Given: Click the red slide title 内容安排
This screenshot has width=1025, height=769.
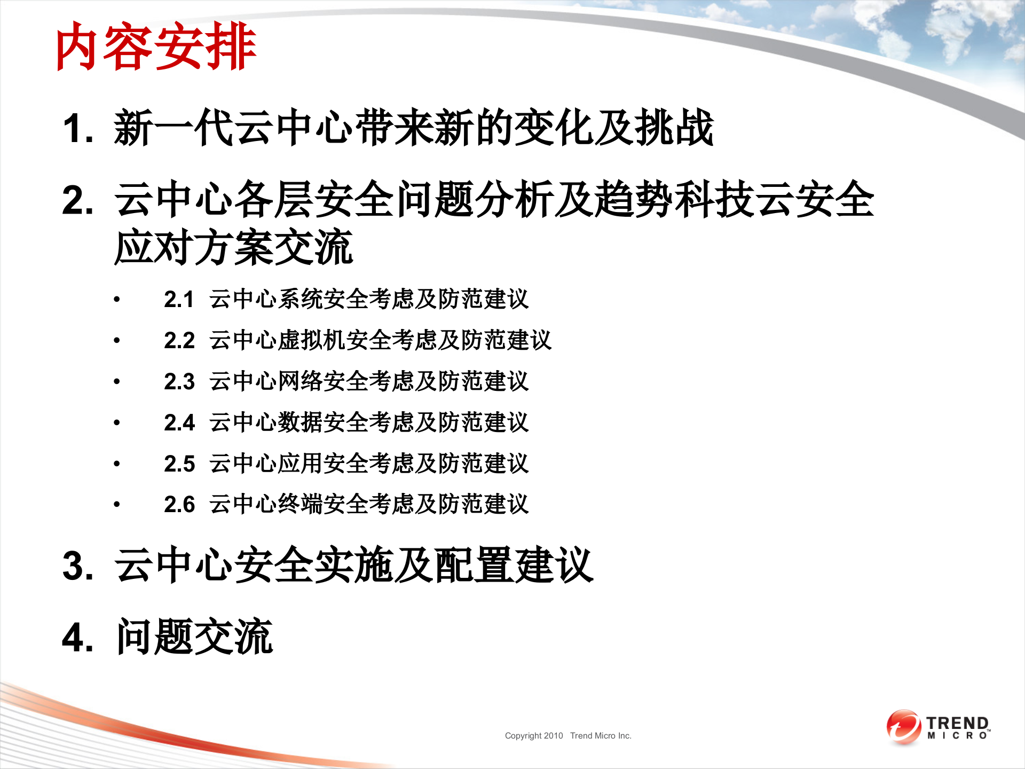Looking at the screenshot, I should click(x=156, y=47).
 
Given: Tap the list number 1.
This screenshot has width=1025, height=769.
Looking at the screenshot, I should click(x=78, y=129).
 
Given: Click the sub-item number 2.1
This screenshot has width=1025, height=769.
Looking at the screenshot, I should click(x=179, y=300).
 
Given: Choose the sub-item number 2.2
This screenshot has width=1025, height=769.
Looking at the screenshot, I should click(x=179, y=341).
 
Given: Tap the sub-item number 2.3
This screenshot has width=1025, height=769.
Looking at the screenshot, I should click(x=179, y=382).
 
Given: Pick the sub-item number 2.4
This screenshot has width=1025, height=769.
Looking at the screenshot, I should click(x=179, y=423).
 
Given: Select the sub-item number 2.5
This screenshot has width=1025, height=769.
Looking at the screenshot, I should click(x=179, y=464).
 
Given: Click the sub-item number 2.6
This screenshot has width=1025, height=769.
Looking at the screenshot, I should click(x=179, y=505).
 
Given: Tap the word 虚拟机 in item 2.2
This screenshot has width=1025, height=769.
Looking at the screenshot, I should click(x=312, y=340).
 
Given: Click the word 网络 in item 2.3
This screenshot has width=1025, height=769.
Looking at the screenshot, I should click(x=301, y=381).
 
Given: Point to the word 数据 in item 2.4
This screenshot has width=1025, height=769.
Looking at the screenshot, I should click(x=301, y=422).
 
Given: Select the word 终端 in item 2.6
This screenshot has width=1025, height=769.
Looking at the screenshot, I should click(x=301, y=504).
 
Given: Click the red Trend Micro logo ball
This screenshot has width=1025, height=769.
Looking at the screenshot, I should click(x=903, y=726).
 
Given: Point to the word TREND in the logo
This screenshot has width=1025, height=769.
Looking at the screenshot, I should click(x=958, y=723).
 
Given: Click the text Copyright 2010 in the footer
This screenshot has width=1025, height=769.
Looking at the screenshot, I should click(x=534, y=736).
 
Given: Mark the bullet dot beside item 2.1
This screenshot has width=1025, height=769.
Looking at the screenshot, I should click(x=117, y=300).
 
